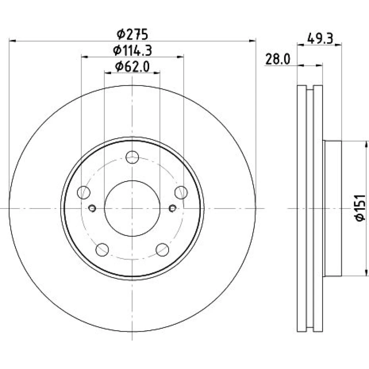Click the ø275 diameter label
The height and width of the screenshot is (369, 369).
tap(132, 34)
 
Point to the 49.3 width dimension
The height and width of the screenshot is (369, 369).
tap(320, 38)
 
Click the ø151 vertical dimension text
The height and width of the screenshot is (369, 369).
tap(360, 208)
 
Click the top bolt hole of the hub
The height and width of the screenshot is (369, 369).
tap(132, 157)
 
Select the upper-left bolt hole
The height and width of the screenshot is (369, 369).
tap(83, 192)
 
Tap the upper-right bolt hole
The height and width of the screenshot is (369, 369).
tap(181, 192)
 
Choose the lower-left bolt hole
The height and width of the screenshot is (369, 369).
tap(102, 250)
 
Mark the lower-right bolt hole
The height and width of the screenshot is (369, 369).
tap(162, 250)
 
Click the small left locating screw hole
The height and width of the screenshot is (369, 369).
tap(92, 208)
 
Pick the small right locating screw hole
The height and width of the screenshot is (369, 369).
tap(172, 208)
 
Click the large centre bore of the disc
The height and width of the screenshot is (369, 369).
tap(132, 208)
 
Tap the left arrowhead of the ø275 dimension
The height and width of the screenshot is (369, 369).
tap(13, 41)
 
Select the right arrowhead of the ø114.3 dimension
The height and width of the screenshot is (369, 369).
tap(180, 57)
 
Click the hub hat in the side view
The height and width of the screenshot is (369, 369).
tap(333, 208)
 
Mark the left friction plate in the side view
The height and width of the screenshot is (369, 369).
tap(302, 208)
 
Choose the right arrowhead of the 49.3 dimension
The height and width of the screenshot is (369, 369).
tap(338, 45)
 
